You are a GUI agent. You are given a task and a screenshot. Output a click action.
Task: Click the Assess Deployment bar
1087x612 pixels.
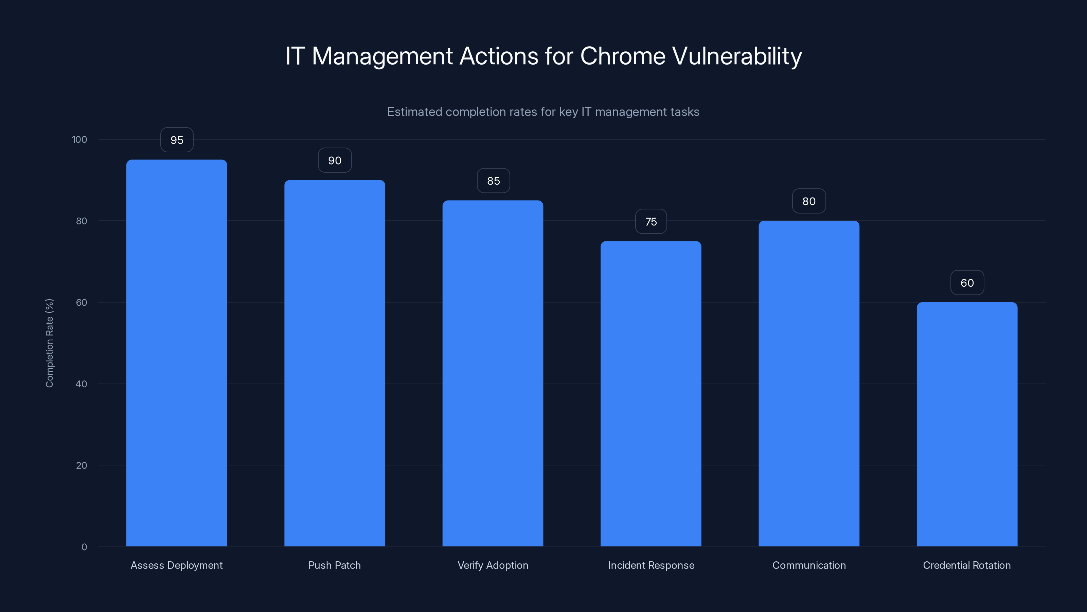point(176,353)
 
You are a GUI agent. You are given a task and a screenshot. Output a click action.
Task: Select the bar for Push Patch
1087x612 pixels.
point(335,363)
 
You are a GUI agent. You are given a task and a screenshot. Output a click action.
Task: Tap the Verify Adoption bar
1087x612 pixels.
point(493,373)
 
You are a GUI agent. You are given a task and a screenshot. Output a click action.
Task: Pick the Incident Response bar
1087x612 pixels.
point(651,394)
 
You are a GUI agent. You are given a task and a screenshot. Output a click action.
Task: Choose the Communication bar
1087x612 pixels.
point(809,384)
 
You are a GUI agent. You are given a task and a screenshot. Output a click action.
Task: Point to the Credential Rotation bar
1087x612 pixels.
point(967,424)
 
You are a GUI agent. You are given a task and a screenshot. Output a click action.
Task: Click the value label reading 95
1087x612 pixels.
point(177,140)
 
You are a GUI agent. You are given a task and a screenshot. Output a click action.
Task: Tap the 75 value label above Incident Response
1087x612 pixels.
point(651,222)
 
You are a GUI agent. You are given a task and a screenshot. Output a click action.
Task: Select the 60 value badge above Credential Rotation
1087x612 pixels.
point(967,283)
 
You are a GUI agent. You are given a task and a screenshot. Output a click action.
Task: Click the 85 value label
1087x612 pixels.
point(493,181)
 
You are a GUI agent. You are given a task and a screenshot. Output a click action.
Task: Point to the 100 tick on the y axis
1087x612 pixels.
point(79,140)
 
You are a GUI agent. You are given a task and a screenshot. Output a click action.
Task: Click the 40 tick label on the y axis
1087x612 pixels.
point(82,384)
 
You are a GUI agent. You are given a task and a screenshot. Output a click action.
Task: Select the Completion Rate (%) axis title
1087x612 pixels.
point(49,343)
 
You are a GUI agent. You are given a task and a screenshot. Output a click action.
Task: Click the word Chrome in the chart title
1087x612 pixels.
point(622,56)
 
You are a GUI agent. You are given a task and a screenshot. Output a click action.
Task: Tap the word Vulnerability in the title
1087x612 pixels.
point(737,56)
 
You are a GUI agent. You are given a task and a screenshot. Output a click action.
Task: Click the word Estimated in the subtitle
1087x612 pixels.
point(414,112)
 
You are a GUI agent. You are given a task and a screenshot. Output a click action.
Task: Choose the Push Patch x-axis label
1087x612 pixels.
point(335,565)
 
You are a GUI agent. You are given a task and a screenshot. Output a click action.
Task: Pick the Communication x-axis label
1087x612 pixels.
point(809,565)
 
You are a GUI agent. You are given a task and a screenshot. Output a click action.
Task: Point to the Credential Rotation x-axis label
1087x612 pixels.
point(967,565)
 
